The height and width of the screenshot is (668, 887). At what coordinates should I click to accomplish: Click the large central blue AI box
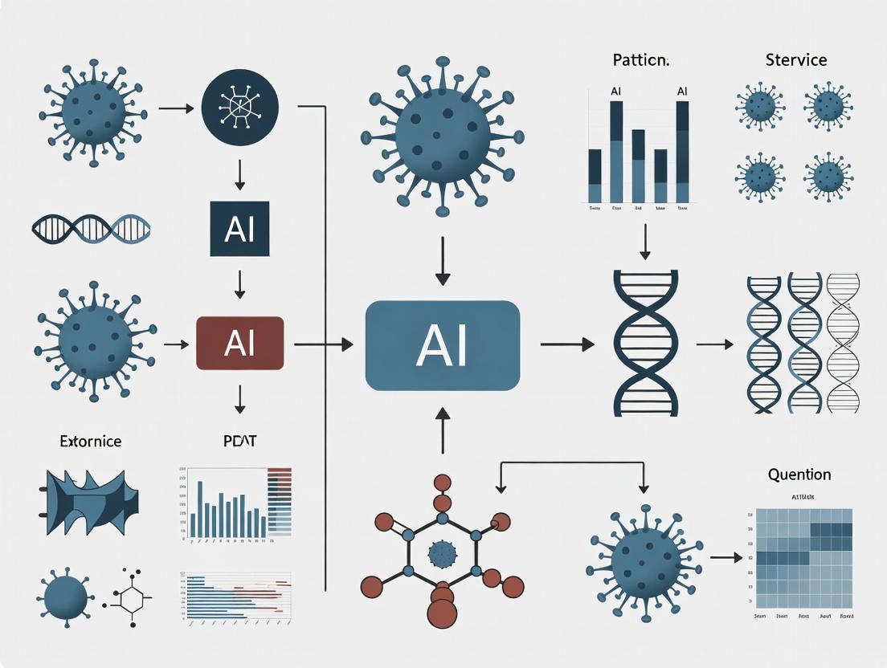pyautogui.click(x=442, y=345)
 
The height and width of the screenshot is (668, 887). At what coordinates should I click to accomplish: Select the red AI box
pyautogui.click(x=239, y=344)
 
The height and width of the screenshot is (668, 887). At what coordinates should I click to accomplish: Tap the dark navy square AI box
pyautogui.click(x=239, y=229)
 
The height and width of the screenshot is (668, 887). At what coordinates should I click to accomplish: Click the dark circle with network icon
pyautogui.click(x=239, y=107)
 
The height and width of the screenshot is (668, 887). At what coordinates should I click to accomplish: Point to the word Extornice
pyautogui.click(x=91, y=441)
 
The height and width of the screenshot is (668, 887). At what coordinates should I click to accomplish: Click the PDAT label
pyautogui.click(x=240, y=441)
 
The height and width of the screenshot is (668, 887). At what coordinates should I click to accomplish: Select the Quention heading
pyautogui.click(x=799, y=475)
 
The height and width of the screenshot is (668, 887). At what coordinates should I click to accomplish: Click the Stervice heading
pyautogui.click(x=795, y=60)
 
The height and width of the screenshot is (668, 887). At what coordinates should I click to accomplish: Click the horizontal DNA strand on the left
pyautogui.click(x=91, y=228)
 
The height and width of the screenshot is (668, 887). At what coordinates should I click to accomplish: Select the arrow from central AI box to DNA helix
pyautogui.click(x=566, y=344)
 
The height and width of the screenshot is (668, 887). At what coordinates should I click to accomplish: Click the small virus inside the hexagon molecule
pyautogui.click(x=441, y=553)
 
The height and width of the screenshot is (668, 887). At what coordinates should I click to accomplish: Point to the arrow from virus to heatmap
pyautogui.click(x=726, y=557)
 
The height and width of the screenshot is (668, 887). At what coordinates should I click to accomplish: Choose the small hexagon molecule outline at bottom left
pyautogui.click(x=129, y=598)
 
